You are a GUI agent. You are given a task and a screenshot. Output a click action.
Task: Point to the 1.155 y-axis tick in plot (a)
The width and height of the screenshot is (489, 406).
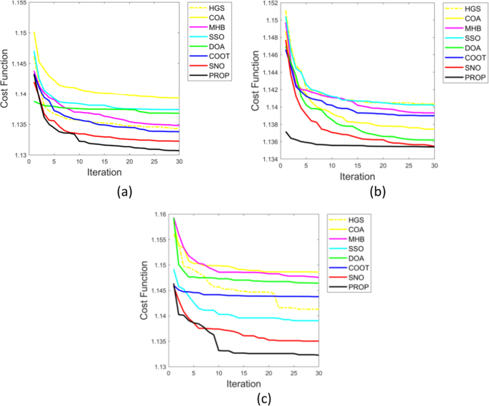[x=14, y=4]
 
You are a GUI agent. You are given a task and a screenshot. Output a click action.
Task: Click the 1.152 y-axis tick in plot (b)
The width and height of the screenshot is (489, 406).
[x=270, y=4]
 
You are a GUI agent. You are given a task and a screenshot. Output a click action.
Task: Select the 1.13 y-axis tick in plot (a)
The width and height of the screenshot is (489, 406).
[x=16, y=156]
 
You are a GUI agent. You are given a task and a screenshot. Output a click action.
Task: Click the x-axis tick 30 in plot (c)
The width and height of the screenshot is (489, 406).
[x=318, y=374]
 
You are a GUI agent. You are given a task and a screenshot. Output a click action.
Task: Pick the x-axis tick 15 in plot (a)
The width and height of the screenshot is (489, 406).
[x=104, y=162]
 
